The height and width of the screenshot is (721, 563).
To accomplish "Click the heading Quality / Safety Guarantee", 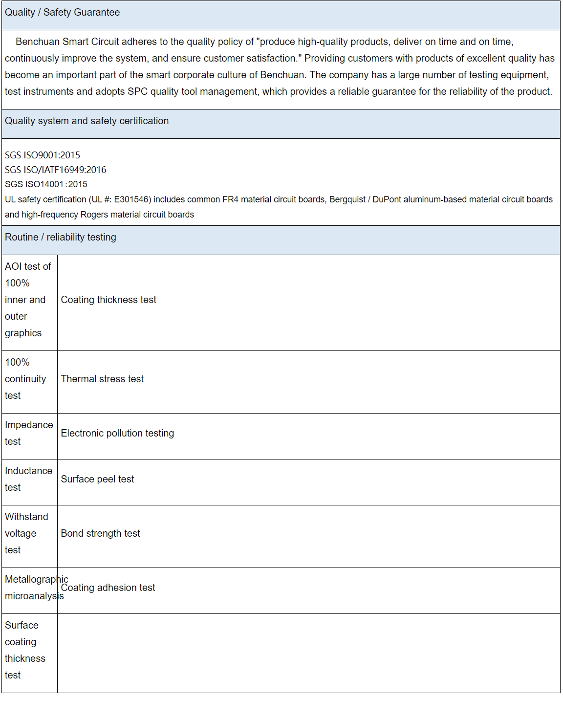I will pyautogui.click(x=62, y=13).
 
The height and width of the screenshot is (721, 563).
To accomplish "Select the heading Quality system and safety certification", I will pyautogui.click(x=87, y=121).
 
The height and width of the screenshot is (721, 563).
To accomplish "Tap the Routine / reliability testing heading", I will pyautogui.click(x=61, y=238).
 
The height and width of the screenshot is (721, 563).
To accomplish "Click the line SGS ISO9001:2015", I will pyautogui.click(x=43, y=155).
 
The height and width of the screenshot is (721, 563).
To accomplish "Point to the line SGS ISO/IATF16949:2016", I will pyautogui.click(x=55, y=170).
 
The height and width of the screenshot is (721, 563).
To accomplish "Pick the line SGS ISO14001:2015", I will pyautogui.click(x=46, y=184).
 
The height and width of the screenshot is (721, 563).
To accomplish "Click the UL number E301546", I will pyautogui.click(x=132, y=199).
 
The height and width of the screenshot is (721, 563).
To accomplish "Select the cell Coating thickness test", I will pyautogui.click(x=108, y=300).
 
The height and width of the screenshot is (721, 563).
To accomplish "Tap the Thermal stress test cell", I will pyautogui.click(x=102, y=379).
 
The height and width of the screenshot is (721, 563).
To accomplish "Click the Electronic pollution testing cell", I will pyautogui.click(x=117, y=434).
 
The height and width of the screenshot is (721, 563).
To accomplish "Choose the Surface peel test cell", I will pyautogui.click(x=97, y=480).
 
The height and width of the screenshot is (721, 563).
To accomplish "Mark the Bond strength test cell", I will pyautogui.click(x=100, y=534).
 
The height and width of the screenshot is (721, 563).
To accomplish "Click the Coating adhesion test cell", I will pyautogui.click(x=108, y=588).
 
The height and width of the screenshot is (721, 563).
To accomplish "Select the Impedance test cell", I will pyautogui.click(x=29, y=434).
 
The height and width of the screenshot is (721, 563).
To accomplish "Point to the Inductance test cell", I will pyautogui.click(x=28, y=480).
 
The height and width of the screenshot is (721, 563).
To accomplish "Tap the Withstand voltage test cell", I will pyautogui.click(x=26, y=534).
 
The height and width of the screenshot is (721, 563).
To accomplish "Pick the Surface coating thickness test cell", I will pyautogui.click(x=25, y=651).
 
